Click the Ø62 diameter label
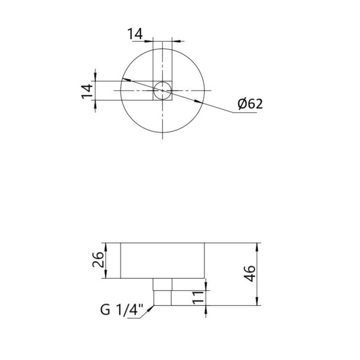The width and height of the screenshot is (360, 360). click(x=250, y=104)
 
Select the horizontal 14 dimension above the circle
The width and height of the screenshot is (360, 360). click(x=135, y=34)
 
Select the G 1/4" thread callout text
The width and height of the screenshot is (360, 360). click(x=122, y=311)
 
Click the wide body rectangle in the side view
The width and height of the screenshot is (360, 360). click(x=163, y=261)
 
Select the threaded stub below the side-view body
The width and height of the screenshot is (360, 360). click(x=163, y=293)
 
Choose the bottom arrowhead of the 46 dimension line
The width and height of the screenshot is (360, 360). click(x=257, y=303)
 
